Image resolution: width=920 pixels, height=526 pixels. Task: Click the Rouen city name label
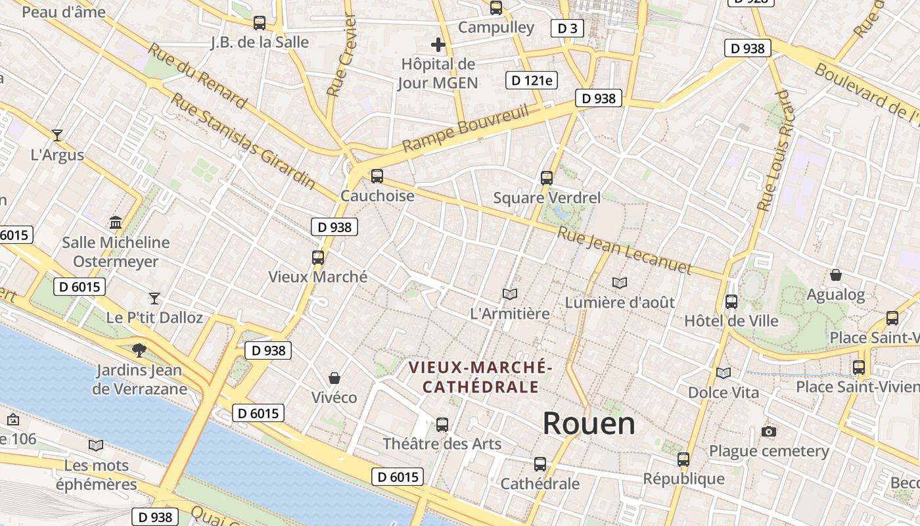pos(589,423)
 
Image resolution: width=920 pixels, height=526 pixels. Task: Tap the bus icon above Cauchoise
pos(377,176)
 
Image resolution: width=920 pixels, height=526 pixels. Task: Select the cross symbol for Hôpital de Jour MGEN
pos(438,45)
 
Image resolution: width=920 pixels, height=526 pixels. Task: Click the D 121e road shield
pos(532,80)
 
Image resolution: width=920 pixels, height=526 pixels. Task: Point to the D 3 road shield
pos(567,28)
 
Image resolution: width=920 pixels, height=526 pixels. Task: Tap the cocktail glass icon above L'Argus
pos(57,135)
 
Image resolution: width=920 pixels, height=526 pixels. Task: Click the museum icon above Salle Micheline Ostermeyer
pos(116,222)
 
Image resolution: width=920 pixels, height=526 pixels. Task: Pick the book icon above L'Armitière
pos(510,294)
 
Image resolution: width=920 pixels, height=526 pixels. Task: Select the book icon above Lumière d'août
pos(620,283)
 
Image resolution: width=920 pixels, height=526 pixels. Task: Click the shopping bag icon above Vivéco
pos(334,378)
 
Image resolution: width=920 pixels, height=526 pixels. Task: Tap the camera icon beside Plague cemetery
pos(768,431)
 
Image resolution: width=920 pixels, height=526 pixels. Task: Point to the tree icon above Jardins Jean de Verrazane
pos(139,350)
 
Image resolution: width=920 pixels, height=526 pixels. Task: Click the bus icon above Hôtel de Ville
pos(731,302)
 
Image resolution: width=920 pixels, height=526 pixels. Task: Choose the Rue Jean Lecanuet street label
pos(624,251)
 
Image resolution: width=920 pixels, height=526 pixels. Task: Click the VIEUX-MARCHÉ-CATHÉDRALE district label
pos(480,377)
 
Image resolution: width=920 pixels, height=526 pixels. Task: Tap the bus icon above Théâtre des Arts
pos(442,425)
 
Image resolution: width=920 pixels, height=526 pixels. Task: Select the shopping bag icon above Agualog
pos(836,275)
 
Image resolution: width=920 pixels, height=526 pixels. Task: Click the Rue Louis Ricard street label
pos(774,150)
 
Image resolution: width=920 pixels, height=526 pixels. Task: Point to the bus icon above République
pos(683,460)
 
